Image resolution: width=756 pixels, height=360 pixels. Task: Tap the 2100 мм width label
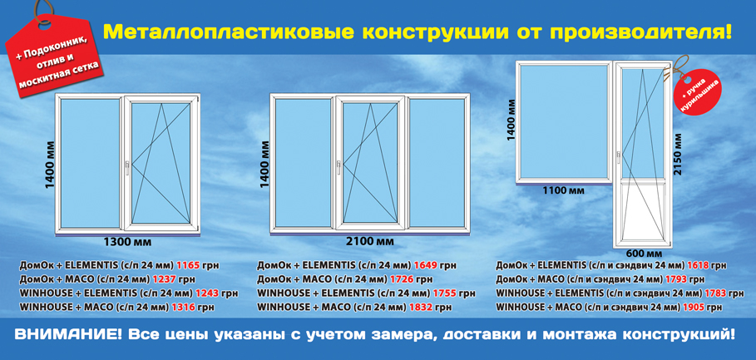click(368, 242)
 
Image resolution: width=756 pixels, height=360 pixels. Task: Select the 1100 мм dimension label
click(563, 190)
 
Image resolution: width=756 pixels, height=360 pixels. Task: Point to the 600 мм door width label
click(643, 253)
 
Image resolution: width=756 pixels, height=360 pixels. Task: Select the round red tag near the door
click(700, 92)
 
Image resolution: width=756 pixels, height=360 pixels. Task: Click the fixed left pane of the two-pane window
click(90, 162)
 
